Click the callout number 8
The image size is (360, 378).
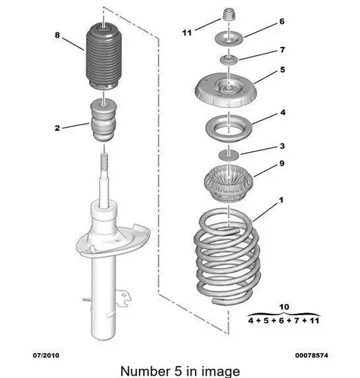57,35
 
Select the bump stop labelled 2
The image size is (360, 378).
104,120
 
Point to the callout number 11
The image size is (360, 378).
187,33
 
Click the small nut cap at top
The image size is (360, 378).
229,14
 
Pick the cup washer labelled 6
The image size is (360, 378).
228,39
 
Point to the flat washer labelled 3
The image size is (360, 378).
228,154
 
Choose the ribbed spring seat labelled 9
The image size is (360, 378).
228,184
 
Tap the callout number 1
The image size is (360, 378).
281,200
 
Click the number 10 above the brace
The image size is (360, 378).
284,307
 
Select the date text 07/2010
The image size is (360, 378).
46,355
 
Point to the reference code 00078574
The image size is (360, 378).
312,355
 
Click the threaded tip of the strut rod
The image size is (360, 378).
104,162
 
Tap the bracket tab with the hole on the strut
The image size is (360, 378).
124,297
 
